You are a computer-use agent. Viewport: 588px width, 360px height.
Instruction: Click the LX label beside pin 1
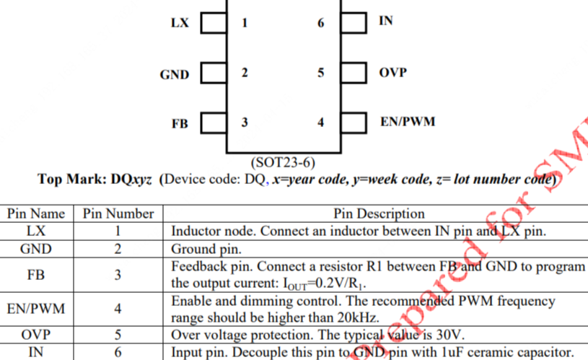click(180, 23)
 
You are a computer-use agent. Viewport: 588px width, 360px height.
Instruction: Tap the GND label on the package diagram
click(175, 74)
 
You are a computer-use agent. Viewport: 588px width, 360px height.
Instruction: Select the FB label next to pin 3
click(180, 123)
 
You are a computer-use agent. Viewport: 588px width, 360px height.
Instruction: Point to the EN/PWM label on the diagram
click(408, 121)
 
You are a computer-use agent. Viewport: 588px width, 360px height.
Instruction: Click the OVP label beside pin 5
click(392, 72)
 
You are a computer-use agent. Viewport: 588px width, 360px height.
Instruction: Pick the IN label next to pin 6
click(386, 21)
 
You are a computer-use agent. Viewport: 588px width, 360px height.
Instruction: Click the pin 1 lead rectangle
click(214, 23)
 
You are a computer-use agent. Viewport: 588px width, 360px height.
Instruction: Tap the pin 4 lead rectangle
click(354, 123)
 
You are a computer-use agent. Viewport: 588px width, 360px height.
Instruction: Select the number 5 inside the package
click(320, 72)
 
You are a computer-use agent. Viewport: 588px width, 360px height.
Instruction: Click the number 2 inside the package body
click(245, 72)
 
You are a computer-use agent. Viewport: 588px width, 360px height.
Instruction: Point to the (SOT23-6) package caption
click(283, 162)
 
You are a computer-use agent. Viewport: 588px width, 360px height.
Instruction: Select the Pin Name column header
click(36, 214)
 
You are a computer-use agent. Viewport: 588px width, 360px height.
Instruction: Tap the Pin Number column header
click(118, 214)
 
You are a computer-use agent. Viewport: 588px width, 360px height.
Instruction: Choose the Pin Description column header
click(379, 214)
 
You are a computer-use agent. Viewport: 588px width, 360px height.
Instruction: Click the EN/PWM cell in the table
click(36, 309)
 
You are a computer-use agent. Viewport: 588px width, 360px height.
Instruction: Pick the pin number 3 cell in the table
click(118, 275)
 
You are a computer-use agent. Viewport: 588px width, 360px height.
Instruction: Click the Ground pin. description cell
click(206, 249)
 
